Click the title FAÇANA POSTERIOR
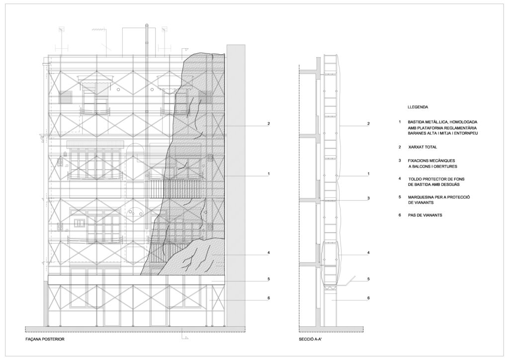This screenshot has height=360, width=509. pos(45,339)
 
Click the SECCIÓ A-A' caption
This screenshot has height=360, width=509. pos(310,339)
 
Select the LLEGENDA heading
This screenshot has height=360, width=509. pos(418,107)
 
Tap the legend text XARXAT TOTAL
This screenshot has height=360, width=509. pos(423,147)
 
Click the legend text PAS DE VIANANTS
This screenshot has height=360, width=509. pos(425,215)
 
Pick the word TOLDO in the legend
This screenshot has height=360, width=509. pos(416,179)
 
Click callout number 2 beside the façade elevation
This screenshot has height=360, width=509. pos(268,124)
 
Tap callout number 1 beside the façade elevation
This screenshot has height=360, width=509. pos(268,174)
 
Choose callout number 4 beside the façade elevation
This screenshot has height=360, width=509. pos(268,253)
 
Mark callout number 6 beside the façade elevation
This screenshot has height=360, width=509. pos(268,298)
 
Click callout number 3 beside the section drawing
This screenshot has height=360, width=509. pos(368,198)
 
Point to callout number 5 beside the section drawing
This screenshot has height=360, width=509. pos(368,279)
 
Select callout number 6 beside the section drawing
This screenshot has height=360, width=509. pos(368,298)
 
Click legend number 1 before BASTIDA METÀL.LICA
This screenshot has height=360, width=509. pos(400,122)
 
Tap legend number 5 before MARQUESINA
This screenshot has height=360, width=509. pos(400,197)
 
